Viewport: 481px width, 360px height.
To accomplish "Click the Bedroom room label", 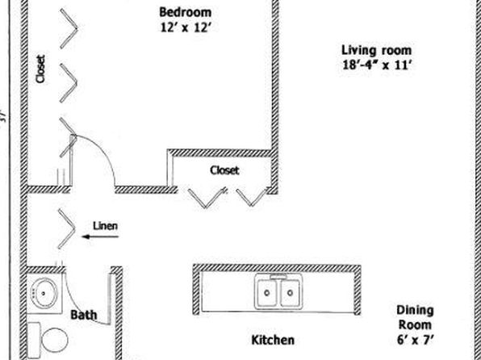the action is pyautogui.click(x=186, y=12).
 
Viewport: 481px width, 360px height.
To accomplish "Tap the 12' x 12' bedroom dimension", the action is pyautogui.click(x=186, y=27).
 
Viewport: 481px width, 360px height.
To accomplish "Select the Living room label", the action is pyautogui.click(x=376, y=50).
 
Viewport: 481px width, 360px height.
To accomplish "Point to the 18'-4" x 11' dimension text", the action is pyautogui.click(x=376, y=65).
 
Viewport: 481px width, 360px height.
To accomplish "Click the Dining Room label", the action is pyautogui.click(x=415, y=317).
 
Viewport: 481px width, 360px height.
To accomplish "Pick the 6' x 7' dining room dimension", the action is pyautogui.click(x=416, y=340).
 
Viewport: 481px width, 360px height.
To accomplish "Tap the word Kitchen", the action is pyautogui.click(x=273, y=340).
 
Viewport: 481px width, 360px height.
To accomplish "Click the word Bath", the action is pyautogui.click(x=84, y=315).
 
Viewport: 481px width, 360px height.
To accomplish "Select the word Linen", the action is pyautogui.click(x=105, y=226).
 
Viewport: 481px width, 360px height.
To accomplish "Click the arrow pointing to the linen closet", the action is pyautogui.click(x=101, y=237).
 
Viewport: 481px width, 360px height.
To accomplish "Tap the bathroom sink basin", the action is pyautogui.click(x=44, y=293).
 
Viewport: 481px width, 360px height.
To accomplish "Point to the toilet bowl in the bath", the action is pyautogui.click(x=54, y=340).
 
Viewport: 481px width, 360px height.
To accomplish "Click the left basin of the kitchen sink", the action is pyautogui.click(x=267, y=293).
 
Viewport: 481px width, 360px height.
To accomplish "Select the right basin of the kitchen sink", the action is pyautogui.click(x=290, y=293).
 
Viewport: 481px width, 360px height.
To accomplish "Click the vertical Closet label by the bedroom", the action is pyautogui.click(x=40, y=69).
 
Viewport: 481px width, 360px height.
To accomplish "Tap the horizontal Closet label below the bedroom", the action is pyautogui.click(x=224, y=170).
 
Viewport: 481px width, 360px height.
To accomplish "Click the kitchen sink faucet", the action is pyautogui.click(x=278, y=277).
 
